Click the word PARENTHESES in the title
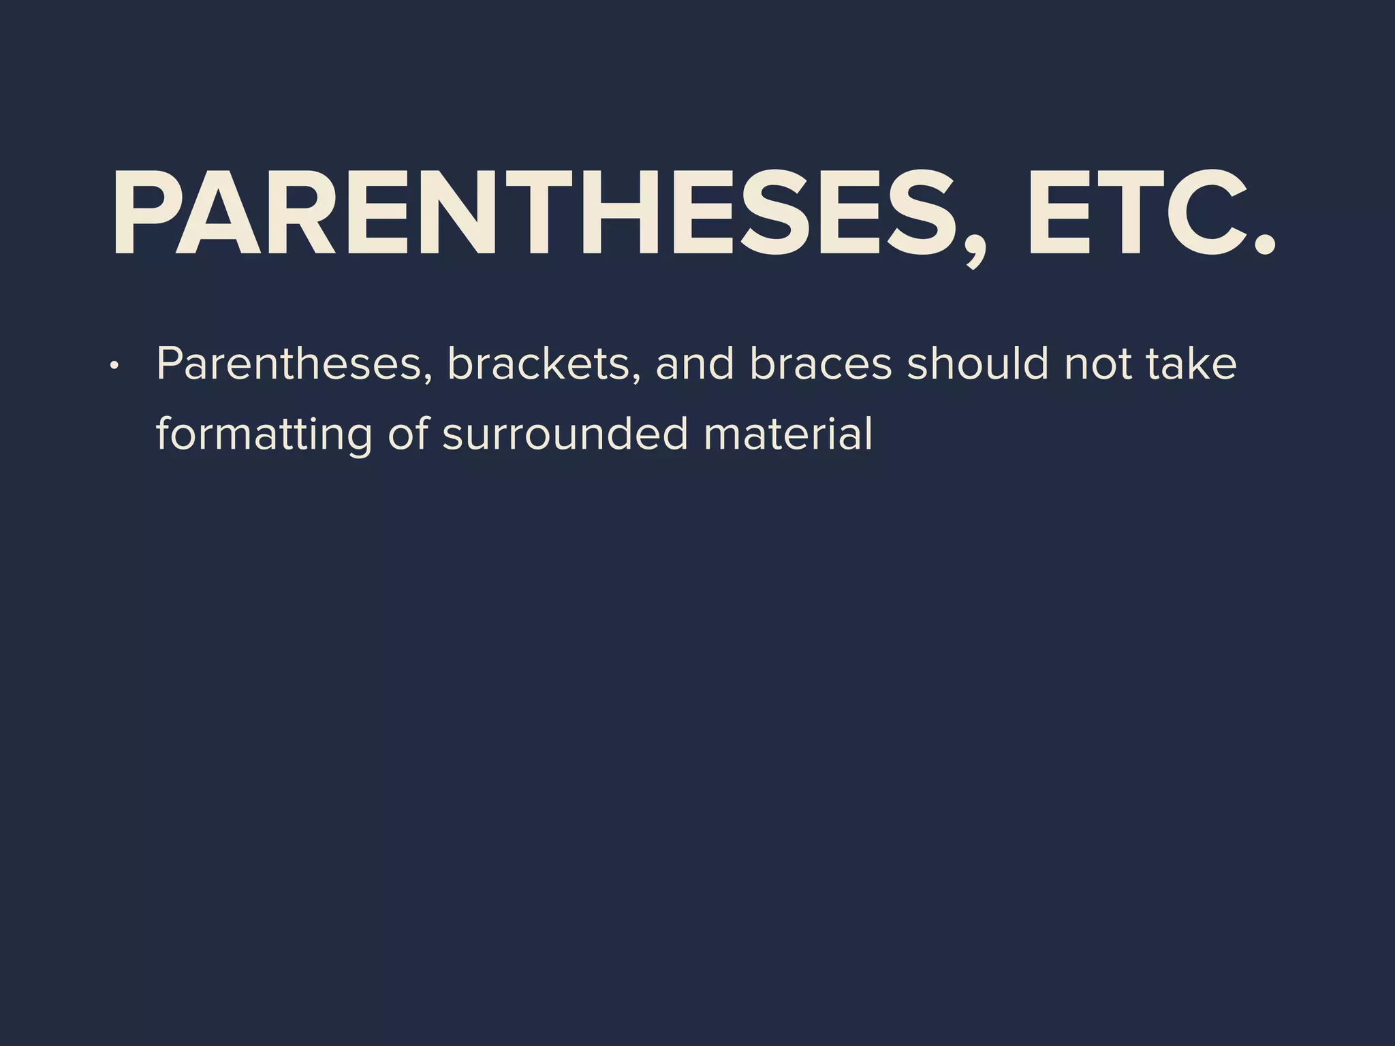[531, 212]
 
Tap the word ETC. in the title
[1144, 212]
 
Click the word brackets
[538, 364]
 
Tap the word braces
[820, 364]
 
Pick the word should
[977, 364]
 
